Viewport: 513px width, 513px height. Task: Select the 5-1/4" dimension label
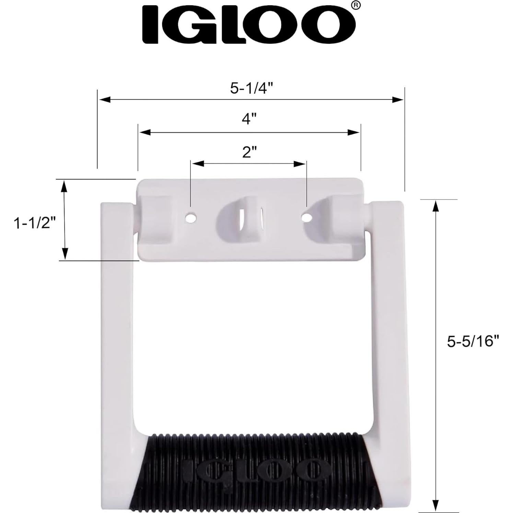[x=251, y=89]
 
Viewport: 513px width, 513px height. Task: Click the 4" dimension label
[x=249, y=119]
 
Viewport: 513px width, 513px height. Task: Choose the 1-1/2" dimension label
[x=34, y=224]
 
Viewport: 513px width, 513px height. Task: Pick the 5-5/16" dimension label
[x=473, y=341]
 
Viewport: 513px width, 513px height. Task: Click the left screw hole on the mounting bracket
[x=190, y=218]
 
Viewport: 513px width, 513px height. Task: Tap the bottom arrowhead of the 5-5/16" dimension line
[x=436, y=505]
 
